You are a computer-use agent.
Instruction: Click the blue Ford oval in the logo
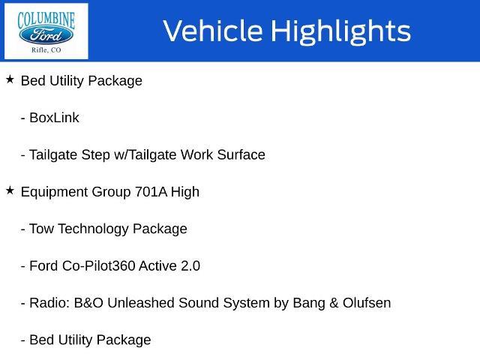tap(46, 35)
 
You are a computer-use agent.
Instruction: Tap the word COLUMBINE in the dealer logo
tap(46, 20)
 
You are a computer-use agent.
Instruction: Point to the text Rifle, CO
tap(46, 50)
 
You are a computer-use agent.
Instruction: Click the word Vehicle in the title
tap(213, 31)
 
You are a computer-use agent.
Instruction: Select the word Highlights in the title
tap(340, 31)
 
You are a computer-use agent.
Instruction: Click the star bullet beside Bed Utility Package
tap(10, 79)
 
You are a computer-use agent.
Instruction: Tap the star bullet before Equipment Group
tap(10, 190)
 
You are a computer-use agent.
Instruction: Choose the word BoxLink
tap(54, 118)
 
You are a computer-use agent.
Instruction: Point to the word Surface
tap(241, 154)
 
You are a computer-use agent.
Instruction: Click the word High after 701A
tap(185, 193)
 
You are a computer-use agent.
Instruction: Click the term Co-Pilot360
tap(98, 266)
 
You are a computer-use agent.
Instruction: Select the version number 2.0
tap(190, 266)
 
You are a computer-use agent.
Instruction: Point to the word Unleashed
tap(141, 303)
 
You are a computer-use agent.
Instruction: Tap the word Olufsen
tap(367, 303)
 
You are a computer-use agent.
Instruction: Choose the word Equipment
tap(55, 193)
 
